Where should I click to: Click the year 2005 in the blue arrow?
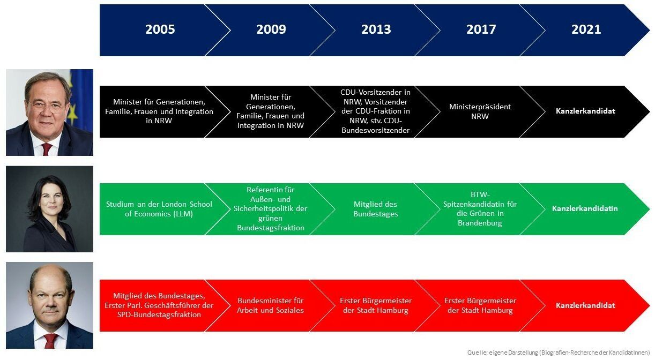160,29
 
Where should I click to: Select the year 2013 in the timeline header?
376,29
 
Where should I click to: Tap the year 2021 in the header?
586,29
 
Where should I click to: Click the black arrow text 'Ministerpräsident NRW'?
480,111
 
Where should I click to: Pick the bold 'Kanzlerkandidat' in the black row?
585,111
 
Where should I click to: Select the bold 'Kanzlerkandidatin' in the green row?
585,208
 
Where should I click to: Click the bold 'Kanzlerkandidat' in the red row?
585,305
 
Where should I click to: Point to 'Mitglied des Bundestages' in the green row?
376,209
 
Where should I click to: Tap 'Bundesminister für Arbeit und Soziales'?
271,305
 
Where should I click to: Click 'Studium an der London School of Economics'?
159,209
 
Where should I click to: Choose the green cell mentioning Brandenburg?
480,209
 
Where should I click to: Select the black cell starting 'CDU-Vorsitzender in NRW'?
375,111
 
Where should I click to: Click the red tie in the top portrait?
47,149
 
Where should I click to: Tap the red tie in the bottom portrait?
50,341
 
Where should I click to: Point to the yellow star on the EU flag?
72,114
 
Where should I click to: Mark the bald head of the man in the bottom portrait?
50,276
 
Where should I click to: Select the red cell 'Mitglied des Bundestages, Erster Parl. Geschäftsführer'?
159,305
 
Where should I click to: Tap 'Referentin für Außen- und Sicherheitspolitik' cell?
271,209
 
